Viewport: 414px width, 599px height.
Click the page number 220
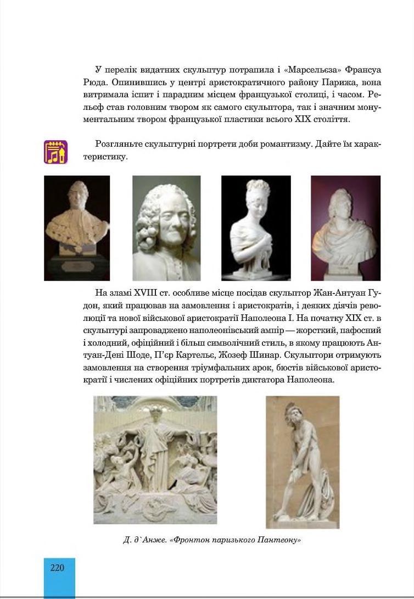click(58, 568)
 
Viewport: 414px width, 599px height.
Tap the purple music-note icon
click(55, 152)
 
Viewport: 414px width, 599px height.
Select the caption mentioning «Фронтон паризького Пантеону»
click(212, 540)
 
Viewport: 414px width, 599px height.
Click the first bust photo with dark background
click(77, 228)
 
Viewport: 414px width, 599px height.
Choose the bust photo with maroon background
click(345, 228)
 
